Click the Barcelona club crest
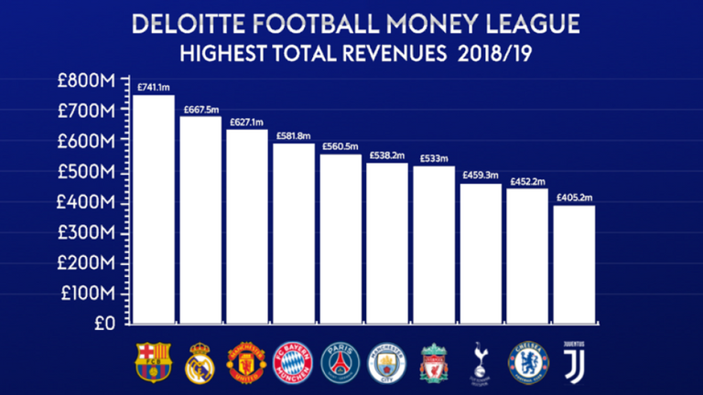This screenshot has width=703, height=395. click(153, 360)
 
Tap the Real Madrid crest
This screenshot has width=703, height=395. click(200, 360)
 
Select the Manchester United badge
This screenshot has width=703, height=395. click(246, 360)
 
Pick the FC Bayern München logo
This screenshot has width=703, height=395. click(293, 360)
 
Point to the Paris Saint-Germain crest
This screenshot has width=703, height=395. click(340, 360)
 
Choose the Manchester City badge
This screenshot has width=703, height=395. click(386, 360)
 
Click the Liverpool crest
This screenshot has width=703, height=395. click(433, 360)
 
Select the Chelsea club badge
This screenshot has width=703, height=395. click(527, 360)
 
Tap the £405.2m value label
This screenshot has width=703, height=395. click(573, 197)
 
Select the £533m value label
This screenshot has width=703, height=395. click(432, 159)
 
